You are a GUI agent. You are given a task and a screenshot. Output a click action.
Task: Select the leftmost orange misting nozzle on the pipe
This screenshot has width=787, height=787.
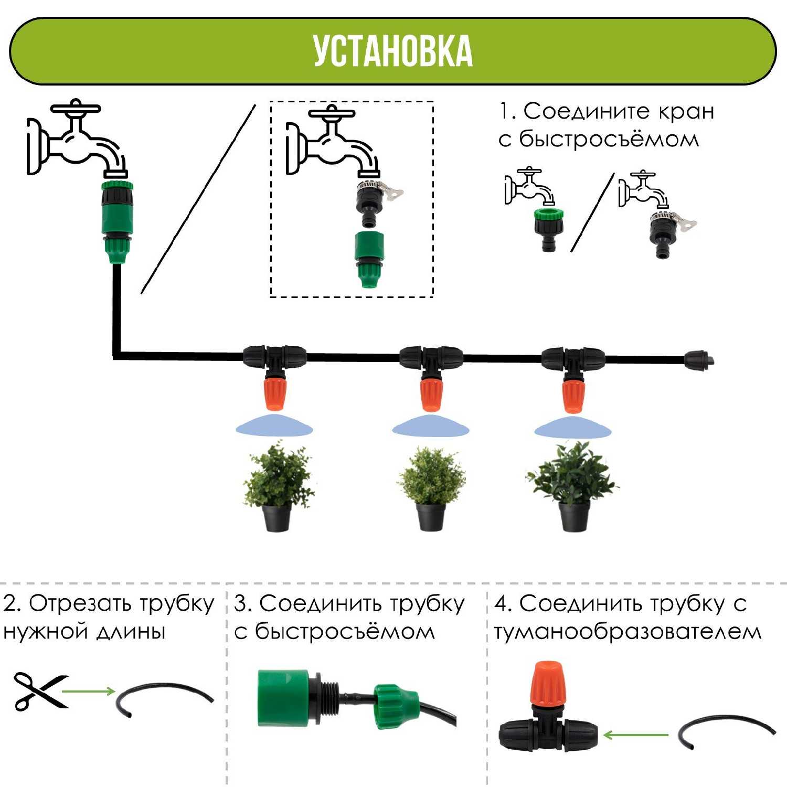click(274, 392)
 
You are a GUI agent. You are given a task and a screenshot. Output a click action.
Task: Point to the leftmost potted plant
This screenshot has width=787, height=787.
click(278, 486)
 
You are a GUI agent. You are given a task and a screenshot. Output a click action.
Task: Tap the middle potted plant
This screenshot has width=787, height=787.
click(432, 488)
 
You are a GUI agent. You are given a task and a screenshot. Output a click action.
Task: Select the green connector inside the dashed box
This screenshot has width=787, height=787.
click(369, 259)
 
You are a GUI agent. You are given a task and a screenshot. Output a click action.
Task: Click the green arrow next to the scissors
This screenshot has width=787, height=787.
click(89, 691)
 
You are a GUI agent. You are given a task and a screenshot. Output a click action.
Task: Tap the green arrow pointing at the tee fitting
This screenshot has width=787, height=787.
click(635, 735)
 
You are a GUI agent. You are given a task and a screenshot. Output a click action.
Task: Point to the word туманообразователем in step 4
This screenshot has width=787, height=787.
click(628, 633)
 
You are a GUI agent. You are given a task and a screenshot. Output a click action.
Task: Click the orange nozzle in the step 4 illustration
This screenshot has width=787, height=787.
click(549, 685)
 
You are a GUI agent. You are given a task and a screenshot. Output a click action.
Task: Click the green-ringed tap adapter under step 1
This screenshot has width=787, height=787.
click(548, 229)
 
